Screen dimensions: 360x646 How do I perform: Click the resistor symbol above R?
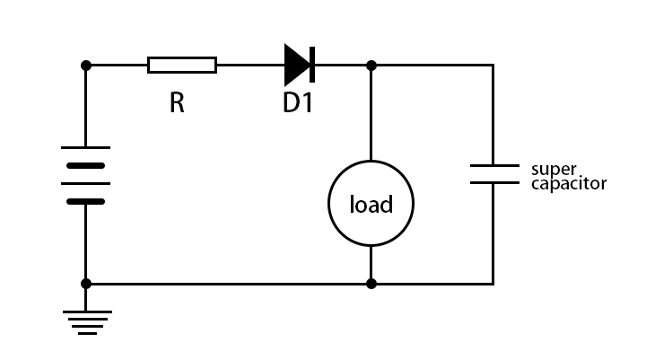tap(182, 65)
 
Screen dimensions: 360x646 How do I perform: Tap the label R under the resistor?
tap(177, 103)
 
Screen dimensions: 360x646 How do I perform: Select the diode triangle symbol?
tap(296, 65)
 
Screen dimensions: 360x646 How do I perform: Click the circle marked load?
tap(371, 205)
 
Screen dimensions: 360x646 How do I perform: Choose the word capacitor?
tap(569, 184)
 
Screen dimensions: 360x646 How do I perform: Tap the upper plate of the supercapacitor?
tap(493, 165)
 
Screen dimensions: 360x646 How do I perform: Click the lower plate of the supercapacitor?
tap(493, 182)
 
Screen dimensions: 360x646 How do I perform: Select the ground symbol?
tap(86, 321)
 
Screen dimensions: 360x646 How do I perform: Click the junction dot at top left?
tap(86, 65)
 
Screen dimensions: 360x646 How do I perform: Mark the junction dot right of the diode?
tap(371, 65)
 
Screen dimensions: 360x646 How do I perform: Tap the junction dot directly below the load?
tap(371, 284)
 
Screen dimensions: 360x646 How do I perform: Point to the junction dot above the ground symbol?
tap(86, 284)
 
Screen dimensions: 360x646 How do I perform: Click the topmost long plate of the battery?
tap(86, 147)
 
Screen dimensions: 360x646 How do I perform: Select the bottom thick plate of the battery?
tap(86, 201)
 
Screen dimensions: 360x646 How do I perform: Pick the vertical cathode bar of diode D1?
tap(310, 65)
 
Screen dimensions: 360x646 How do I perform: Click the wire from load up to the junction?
tap(371, 112)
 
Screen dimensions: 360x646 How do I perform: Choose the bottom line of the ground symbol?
tap(86, 333)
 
